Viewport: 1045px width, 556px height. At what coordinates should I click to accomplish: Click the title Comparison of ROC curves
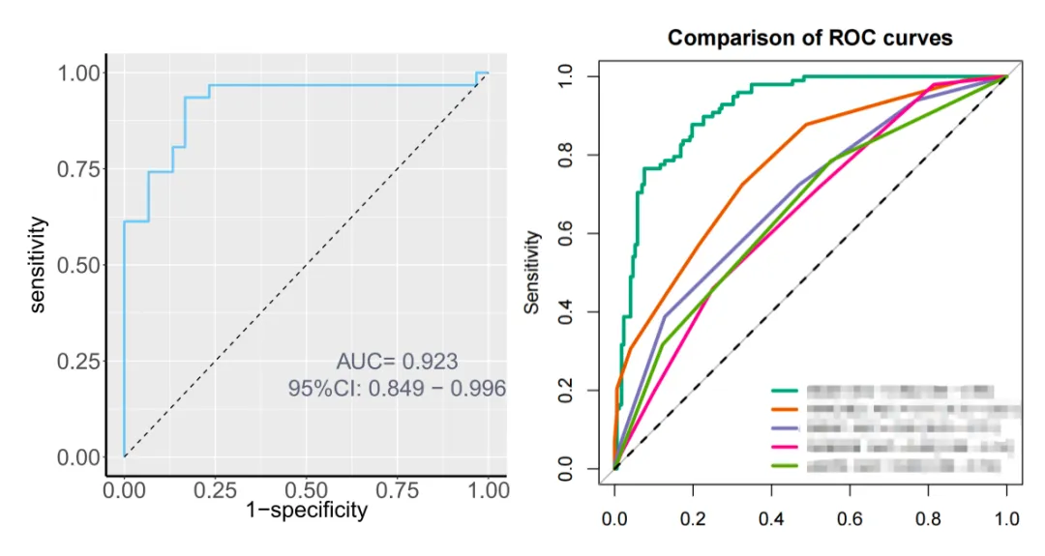click(810, 39)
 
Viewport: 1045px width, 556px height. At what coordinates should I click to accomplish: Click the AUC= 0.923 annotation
click(397, 363)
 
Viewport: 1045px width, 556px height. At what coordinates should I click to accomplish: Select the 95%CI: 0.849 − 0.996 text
click(397, 389)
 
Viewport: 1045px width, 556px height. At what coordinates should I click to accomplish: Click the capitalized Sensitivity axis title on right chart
click(532, 272)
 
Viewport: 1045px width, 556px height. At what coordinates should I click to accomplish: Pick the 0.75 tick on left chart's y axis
click(79, 169)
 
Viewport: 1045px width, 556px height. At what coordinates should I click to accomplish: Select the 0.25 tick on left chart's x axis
click(214, 489)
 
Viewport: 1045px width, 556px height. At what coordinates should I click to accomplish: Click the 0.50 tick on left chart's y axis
click(79, 265)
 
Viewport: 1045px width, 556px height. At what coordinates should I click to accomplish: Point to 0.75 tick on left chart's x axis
click(397, 489)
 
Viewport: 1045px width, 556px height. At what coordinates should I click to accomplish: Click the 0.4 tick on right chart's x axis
click(771, 519)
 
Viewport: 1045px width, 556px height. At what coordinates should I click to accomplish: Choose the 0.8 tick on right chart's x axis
click(928, 519)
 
